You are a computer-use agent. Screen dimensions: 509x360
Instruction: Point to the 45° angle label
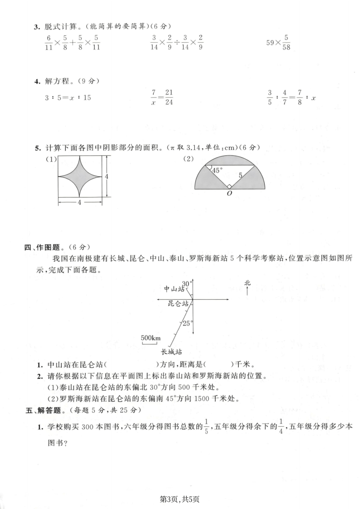[x=218, y=171]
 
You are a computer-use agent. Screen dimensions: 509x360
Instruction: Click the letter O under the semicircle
[x=230, y=193]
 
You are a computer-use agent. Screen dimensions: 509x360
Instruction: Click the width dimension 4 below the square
[x=79, y=203]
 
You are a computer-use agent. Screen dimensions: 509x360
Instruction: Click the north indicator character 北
[x=247, y=283]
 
